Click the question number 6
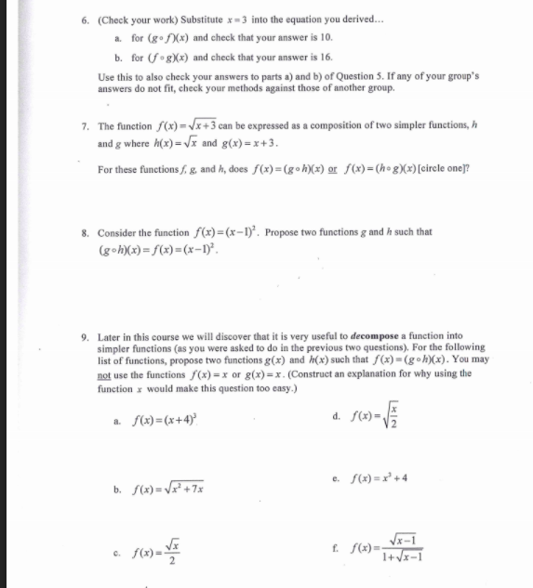pos(85,18)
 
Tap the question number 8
pos(85,232)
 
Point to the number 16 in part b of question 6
pos(326,56)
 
